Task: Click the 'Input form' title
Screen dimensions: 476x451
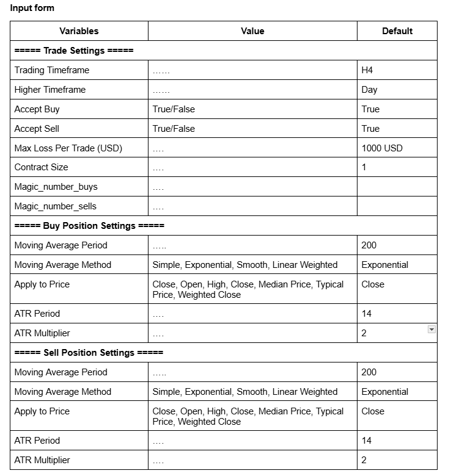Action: point(32,8)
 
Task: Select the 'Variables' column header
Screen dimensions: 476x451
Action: point(79,31)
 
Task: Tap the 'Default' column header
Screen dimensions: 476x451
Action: point(397,31)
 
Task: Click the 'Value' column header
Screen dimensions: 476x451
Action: point(252,31)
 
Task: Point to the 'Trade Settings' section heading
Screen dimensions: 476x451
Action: point(74,51)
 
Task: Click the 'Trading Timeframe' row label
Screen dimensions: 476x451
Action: point(52,70)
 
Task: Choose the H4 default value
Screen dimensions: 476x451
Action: point(367,70)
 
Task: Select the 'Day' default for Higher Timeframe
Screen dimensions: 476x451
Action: point(370,90)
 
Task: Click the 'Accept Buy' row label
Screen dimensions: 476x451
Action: point(37,109)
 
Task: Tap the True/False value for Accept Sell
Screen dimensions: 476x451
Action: point(174,129)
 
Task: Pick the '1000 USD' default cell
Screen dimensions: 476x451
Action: point(382,148)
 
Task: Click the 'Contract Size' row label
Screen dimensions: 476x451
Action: point(42,167)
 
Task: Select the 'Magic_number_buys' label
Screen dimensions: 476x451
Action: point(56,187)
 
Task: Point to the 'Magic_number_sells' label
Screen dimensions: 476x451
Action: point(56,206)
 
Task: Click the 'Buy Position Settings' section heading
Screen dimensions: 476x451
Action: point(89,226)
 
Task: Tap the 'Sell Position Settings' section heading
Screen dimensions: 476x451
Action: point(89,353)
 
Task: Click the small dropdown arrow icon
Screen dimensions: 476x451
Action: point(431,330)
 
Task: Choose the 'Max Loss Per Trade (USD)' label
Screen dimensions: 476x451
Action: point(68,148)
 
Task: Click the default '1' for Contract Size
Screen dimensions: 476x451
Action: point(364,167)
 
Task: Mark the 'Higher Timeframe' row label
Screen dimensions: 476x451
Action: point(50,90)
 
